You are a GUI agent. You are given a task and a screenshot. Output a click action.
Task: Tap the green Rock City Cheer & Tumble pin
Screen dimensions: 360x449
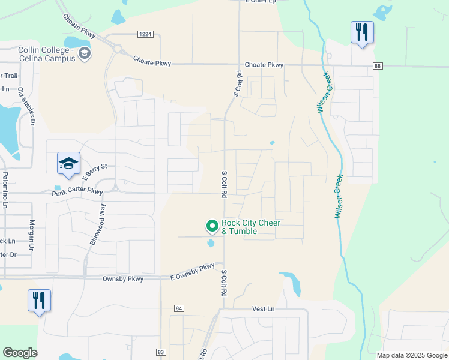coord(212,226)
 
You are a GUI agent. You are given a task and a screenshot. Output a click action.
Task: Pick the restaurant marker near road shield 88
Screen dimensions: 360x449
coord(362,32)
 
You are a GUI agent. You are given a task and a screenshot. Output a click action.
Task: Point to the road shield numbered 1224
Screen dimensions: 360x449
coord(145,34)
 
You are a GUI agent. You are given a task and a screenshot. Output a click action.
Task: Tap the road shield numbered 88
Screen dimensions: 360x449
coord(377,65)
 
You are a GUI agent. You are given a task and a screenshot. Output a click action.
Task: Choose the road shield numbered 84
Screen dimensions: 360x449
coord(178,308)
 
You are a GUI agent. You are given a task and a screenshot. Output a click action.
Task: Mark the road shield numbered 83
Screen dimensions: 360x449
coord(160,352)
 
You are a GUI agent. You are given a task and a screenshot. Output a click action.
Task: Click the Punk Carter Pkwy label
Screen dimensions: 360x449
coord(77,191)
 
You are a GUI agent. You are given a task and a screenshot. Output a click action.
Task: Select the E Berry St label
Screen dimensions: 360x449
coord(94,172)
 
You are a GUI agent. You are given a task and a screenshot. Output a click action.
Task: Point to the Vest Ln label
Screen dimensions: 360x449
coord(263,308)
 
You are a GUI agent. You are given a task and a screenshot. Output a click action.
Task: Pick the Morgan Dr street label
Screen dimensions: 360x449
coord(32,231)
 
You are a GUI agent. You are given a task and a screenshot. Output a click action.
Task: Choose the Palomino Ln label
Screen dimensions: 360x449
coord(5,190)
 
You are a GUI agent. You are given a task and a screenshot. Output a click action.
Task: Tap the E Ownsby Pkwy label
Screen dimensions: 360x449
coord(192,272)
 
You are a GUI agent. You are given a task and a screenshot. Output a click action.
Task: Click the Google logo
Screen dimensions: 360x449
coord(20,353)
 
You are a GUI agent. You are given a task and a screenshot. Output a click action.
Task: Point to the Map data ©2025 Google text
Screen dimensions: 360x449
coord(411,355)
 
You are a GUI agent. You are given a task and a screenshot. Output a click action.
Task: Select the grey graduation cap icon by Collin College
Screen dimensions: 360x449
coord(85,55)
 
